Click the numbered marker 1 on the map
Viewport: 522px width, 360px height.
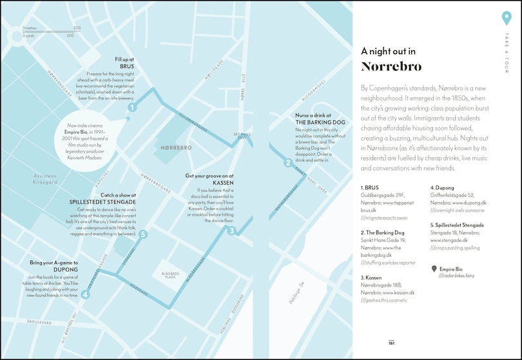(x=132, y=108)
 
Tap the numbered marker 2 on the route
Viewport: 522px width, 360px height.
(x=288, y=162)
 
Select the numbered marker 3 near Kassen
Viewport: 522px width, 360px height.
(x=231, y=231)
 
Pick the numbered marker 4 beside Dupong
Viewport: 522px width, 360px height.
(x=86, y=296)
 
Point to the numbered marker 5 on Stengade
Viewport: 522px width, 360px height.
(x=143, y=235)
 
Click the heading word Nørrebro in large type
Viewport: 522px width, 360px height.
(x=391, y=66)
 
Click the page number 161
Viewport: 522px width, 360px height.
(x=391, y=343)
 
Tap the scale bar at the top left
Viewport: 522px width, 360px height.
(x=52, y=32)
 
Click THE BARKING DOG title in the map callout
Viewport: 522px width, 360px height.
(x=317, y=122)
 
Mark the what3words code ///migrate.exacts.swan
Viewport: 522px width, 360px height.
(x=387, y=218)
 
